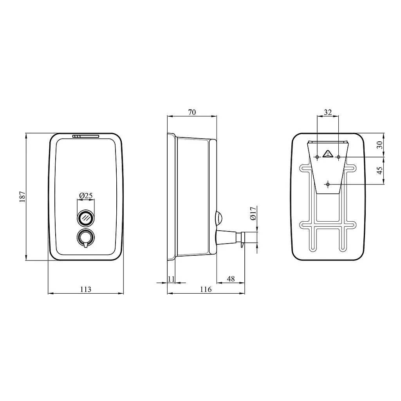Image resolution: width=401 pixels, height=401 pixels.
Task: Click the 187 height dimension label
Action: (22, 197)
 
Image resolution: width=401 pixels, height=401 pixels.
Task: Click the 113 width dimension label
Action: (86, 289)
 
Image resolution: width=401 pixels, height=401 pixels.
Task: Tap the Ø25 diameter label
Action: (86, 196)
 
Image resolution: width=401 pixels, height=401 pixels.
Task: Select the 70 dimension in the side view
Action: (192, 112)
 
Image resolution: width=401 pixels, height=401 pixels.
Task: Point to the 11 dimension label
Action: (172, 279)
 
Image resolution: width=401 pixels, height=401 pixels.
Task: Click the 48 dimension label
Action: (231, 279)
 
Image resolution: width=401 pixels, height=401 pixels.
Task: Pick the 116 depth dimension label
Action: (206, 289)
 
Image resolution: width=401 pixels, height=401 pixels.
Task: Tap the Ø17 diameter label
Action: (253, 213)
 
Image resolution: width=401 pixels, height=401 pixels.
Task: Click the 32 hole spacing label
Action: (328, 112)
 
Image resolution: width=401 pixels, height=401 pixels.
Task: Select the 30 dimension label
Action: (380, 145)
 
